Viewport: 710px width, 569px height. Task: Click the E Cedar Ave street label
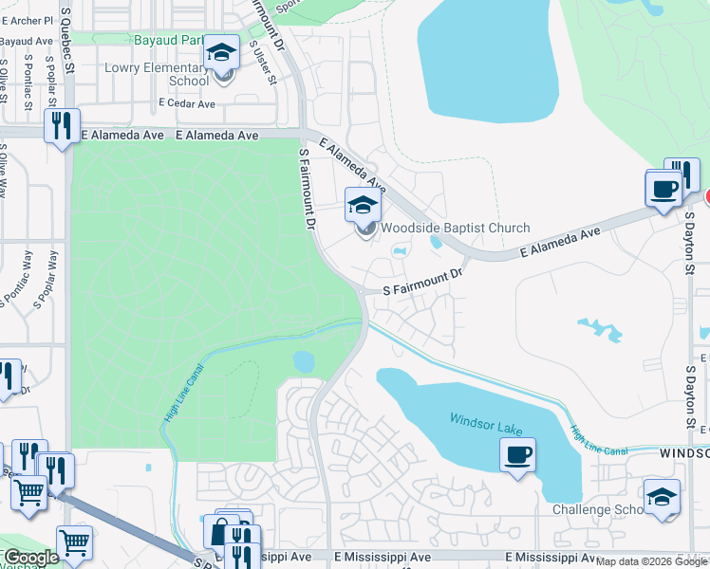pyautogui.click(x=188, y=102)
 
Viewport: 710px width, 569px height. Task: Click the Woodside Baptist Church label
pyautogui.click(x=455, y=229)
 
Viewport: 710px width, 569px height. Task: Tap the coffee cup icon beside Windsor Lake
pyautogui.click(x=518, y=455)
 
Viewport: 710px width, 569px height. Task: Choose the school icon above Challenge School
pyautogui.click(x=662, y=496)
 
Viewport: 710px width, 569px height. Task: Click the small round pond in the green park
pyautogui.click(x=304, y=361)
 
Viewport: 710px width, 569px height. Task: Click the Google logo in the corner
pyautogui.click(x=31, y=558)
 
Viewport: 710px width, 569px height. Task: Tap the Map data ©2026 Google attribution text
pyautogui.click(x=651, y=561)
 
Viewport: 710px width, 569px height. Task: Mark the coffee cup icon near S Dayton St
pyautogui.click(x=663, y=188)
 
